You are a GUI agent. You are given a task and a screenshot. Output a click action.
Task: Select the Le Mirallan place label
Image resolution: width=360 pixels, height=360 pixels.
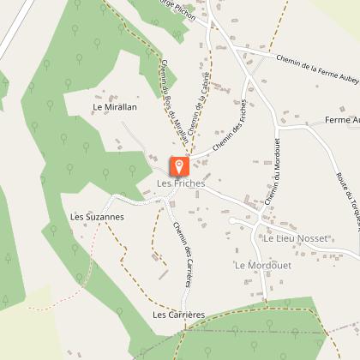click(115, 108)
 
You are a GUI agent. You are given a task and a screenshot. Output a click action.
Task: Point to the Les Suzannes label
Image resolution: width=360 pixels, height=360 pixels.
click(97, 217)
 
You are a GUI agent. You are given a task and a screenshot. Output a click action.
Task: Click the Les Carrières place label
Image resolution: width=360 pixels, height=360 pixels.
click(178, 315)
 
